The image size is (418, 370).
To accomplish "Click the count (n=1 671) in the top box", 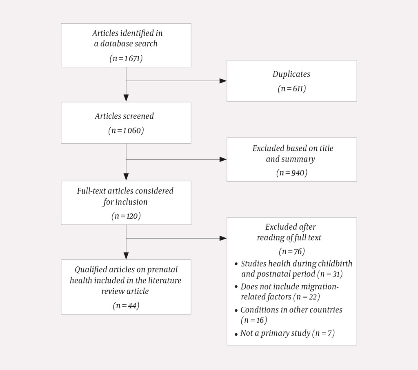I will pos(126,58).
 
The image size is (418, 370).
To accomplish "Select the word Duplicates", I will pos(291,74).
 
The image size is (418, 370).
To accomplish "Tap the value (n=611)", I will pos(291,89).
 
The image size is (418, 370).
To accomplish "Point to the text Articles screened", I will pos(125,116).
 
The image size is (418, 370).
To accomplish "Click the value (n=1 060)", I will pos(126,131).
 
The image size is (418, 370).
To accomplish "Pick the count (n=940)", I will pos(291,173).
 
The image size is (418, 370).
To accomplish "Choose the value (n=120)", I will pos(126,216).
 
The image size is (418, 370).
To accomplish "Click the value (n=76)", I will pos(291,250).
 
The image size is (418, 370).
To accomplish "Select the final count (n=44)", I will pos(126,306).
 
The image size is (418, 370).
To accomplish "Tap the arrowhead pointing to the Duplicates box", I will pos(223,81).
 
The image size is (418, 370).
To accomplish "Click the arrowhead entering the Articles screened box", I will pos(126,98).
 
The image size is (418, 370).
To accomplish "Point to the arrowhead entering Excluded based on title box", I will pos(223,159).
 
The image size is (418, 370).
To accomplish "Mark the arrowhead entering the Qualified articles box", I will pos(126,256).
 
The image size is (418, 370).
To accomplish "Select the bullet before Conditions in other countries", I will pos(236,311).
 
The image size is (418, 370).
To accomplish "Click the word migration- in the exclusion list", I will pos(320,286).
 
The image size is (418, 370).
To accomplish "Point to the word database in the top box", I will pos(118,44).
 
